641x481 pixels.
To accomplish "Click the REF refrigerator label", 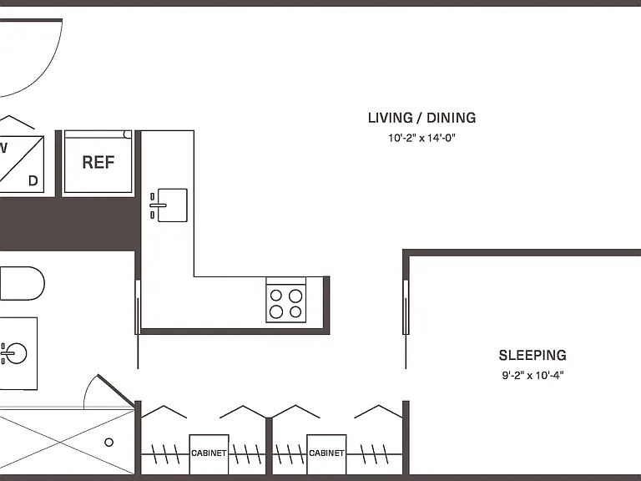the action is click(x=98, y=162).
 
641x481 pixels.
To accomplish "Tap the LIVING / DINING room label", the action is click(x=421, y=118).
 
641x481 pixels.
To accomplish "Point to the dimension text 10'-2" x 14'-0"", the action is click(x=421, y=138).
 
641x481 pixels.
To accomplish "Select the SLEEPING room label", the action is click(x=532, y=355).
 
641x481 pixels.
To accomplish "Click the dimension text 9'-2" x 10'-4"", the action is click(x=532, y=375).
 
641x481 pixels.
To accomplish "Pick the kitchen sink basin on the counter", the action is click(x=173, y=205).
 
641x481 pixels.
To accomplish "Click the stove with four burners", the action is click(x=285, y=300).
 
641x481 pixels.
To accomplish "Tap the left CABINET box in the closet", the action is click(x=209, y=453).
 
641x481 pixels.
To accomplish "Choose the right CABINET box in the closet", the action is click(x=326, y=453).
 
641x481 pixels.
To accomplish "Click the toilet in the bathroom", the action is click(x=23, y=283).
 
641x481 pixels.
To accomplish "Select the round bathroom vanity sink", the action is click(x=17, y=353).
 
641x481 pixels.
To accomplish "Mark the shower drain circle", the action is click(x=109, y=442).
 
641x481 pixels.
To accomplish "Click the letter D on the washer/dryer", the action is click(x=33, y=180).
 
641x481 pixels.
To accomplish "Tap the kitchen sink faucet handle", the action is click(x=158, y=205).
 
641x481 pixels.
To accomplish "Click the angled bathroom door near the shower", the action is click(x=116, y=391).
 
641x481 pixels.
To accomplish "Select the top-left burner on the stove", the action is click(x=276, y=296).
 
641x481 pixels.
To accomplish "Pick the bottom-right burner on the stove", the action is click(x=295, y=311).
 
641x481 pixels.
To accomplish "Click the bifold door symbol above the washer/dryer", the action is click(x=18, y=122).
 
